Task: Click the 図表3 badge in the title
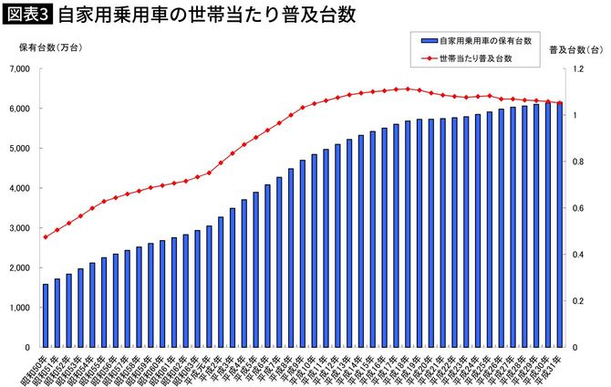pyautogui.click(x=27, y=16)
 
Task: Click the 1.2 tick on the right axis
pyautogui.click(x=575, y=68)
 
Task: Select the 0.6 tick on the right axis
pyautogui.click(x=575, y=208)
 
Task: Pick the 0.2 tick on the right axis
pyautogui.click(x=575, y=301)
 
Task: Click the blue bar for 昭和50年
pyautogui.click(x=46, y=316)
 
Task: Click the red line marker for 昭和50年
pyautogui.click(x=46, y=237)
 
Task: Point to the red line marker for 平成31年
pyautogui.click(x=559, y=103)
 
